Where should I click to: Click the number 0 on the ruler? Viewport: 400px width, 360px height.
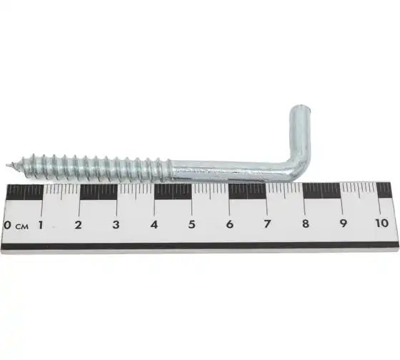[8, 225]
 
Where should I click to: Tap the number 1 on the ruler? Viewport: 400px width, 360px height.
[40, 225]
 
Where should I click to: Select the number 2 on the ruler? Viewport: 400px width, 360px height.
[78, 225]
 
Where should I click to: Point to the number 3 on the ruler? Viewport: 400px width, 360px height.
[116, 224]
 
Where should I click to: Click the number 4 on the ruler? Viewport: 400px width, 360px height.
[154, 224]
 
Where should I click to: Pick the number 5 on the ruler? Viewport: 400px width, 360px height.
[192, 224]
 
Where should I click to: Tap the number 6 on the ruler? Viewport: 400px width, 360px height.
[229, 224]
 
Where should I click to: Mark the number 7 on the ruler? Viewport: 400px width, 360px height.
[267, 224]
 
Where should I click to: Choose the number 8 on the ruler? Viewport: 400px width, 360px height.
[306, 224]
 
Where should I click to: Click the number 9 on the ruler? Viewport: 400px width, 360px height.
[344, 224]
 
